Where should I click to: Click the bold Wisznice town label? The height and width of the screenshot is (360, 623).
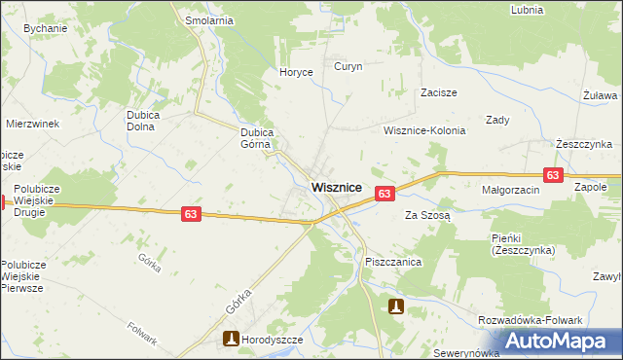[337, 187]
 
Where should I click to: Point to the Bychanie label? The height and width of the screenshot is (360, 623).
[45, 29]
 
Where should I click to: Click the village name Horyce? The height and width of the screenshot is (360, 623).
[296, 72]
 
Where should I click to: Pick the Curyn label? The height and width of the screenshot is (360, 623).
[348, 67]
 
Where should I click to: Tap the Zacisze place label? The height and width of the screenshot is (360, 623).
[439, 92]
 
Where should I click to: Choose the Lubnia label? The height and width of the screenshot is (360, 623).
[527, 9]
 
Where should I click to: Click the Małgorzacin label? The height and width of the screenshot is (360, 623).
[510, 191]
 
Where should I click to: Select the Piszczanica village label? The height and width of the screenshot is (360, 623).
[392, 263]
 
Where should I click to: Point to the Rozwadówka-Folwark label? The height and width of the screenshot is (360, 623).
[530, 320]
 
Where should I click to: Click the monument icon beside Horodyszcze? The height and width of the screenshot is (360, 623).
[232, 340]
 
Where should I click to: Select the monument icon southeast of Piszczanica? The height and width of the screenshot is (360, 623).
[396, 306]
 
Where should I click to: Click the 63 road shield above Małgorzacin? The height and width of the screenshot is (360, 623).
[553, 175]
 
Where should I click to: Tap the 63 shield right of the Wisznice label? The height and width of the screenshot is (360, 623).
[385, 195]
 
